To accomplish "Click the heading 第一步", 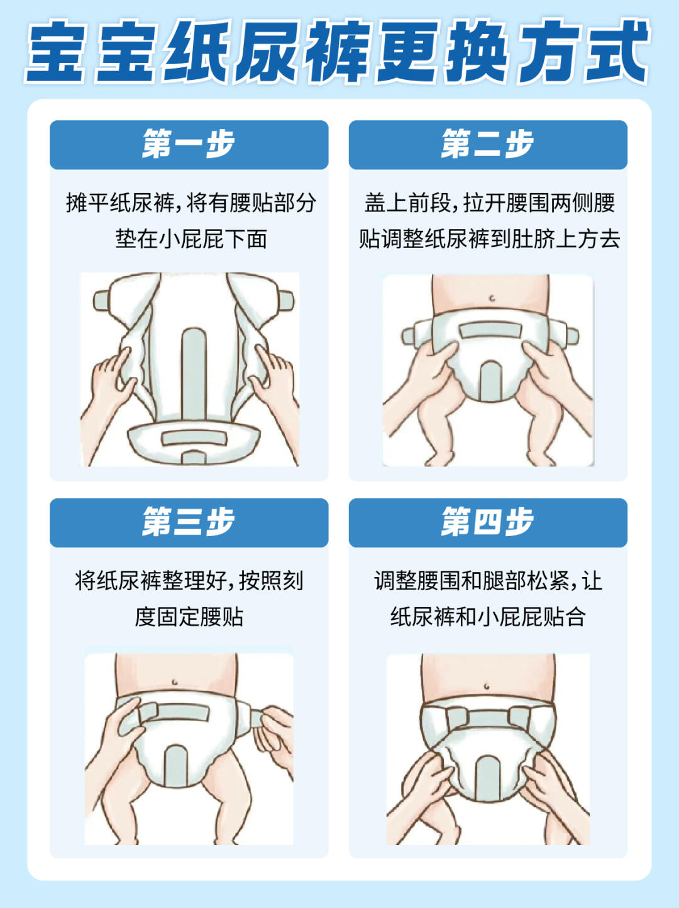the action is (189, 144).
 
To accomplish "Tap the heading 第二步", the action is (488, 144).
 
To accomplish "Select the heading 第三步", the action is (189, 522).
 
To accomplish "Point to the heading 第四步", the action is (488, 522).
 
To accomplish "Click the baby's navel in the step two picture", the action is (492, 298).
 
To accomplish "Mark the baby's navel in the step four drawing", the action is (487, 687).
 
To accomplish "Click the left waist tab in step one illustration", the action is (102, 301).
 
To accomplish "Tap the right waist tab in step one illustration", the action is (286, 301).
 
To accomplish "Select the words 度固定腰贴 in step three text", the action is (189, 617).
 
